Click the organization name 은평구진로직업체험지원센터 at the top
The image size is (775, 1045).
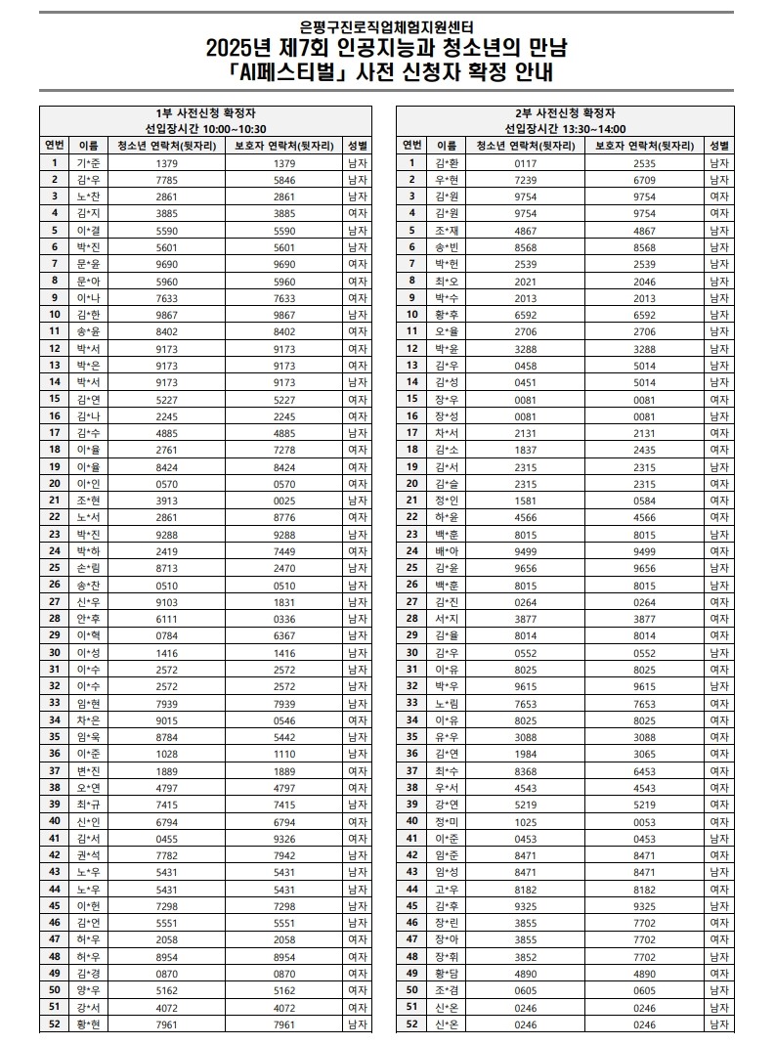387,28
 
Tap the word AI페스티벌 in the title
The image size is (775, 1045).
269,71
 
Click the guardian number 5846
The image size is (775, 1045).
284,180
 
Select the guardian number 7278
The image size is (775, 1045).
284,450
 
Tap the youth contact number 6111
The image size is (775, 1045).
166,618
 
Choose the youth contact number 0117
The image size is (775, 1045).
526,163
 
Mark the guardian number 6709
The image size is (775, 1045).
644,180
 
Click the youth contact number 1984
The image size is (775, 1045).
526,753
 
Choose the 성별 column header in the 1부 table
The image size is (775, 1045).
357,146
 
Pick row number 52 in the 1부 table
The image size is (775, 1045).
55,1023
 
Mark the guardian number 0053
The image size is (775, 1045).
644,820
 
